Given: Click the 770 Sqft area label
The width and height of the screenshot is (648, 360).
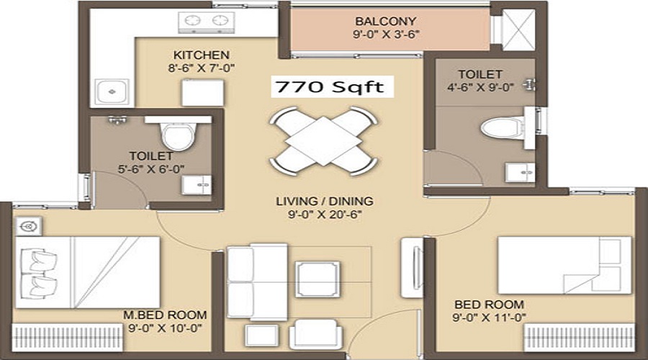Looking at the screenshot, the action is point(330,87).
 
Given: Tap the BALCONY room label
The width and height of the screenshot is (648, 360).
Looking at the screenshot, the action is point(386,21).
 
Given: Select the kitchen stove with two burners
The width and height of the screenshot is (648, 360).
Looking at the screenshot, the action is point(206,22).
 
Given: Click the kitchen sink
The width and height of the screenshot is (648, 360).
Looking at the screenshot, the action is point(112,91).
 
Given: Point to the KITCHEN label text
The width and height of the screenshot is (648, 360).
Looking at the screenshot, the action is point(202,55).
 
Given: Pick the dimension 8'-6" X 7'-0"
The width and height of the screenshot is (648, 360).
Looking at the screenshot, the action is point(202,68).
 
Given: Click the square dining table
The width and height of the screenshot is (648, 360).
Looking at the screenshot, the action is point(323,140).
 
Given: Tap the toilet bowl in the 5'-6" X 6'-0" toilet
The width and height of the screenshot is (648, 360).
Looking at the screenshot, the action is point(178,134).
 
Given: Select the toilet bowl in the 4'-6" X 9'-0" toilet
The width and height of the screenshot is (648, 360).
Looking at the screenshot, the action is point(501,127).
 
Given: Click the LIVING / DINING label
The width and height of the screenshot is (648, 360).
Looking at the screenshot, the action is point(325,202).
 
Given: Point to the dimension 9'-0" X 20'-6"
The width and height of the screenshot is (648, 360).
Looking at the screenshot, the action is point(325,215).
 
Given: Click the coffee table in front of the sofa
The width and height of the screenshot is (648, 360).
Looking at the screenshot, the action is point(318,279).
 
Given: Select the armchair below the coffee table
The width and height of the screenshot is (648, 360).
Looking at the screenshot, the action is point(316,334).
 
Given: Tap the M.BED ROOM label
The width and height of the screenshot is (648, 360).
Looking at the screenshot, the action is point(165,315).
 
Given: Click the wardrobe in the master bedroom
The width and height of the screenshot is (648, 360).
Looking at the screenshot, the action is point(68,338).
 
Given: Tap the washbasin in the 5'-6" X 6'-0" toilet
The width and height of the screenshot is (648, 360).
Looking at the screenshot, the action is point(197,185).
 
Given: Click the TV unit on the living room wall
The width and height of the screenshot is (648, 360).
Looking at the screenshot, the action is point(412,267).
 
